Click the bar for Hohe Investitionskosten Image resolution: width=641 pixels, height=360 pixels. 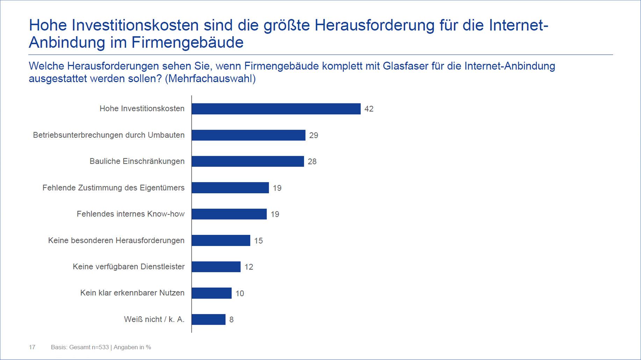pyautogui.click(x=276, y=109)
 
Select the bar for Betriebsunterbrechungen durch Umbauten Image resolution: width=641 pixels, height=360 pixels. pyautogui.click(x=249, y=135)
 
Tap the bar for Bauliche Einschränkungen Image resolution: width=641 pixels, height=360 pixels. pyautogui.click(x=248, y=161)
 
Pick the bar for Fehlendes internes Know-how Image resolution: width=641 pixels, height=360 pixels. pyautogui.click(x=229, y=214)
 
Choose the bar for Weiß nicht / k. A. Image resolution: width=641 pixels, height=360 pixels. pyautogui.click(x=209, y=319)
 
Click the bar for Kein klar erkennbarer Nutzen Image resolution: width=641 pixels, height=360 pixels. pyautogui.click(x=212, y=293)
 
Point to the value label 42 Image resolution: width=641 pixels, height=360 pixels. pyautogui.click(x=369, y=109)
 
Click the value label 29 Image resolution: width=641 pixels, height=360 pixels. pyautogui.click(x=314, y=135)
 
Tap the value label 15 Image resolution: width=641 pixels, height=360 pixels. pyautogui.click(x=258, y=241)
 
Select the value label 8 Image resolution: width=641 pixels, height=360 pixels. pyautogui.click(x=231, y=319)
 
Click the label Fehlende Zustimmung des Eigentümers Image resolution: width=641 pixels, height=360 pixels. pyautogui.click(x=113, y=188)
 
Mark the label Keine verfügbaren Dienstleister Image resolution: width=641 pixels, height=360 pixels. pyautogui.click(x=128, y=267)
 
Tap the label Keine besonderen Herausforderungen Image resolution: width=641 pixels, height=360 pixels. pyautogui.click(x=116, y=240)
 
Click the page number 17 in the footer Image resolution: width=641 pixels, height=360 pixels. pyautogui.click(x=32, y=347)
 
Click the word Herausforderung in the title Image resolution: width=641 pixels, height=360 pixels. pyautogui.click(x=374, y=26)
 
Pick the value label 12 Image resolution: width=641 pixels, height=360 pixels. pyautogui.click(x=249, y=267)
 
